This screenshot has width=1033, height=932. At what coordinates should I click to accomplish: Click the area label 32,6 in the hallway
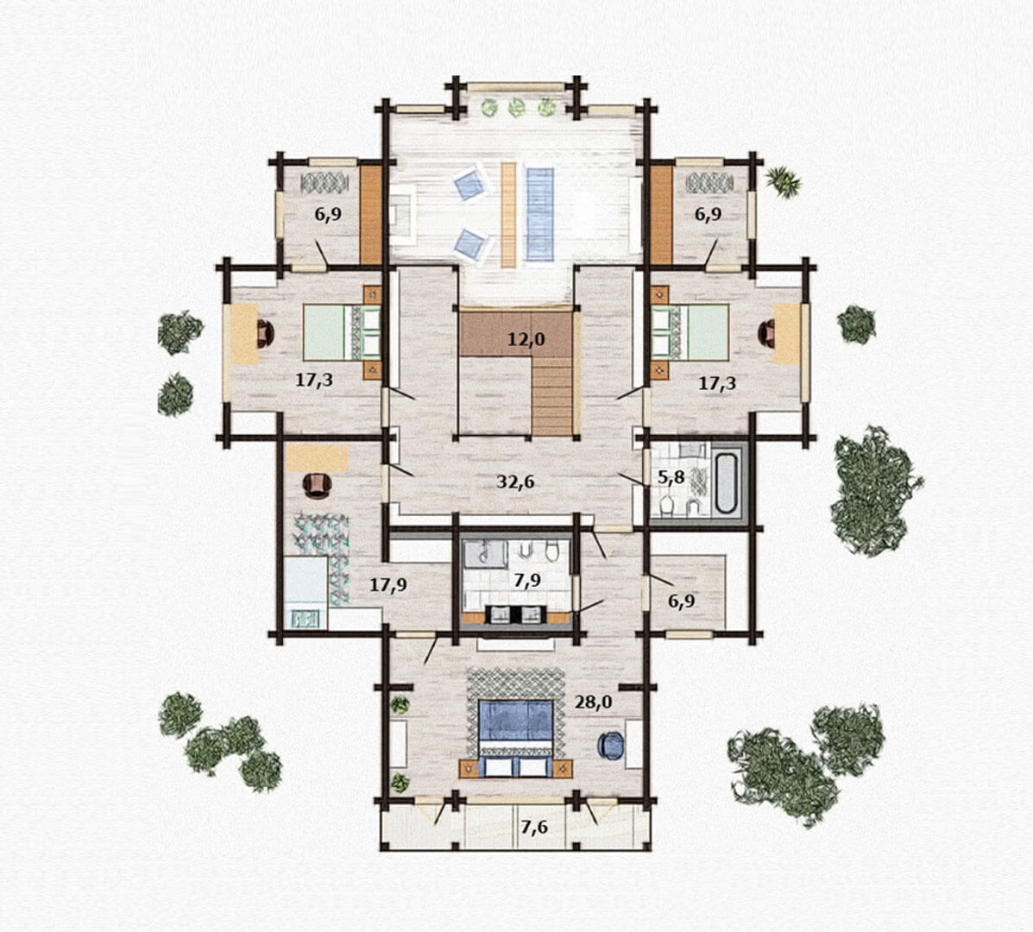[515, 482]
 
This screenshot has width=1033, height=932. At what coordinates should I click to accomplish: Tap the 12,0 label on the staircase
[526, 340]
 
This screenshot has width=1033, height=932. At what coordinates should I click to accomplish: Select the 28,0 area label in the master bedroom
[593, 702]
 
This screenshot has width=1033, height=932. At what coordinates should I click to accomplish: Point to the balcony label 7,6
[534, 827]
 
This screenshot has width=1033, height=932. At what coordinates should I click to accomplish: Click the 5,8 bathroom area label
[671, 477]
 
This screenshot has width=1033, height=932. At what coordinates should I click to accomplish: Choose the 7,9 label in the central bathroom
[527, 580]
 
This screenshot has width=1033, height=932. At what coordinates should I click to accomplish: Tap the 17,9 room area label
[387, 584]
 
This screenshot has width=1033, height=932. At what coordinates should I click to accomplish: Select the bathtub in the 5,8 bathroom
[728, 482]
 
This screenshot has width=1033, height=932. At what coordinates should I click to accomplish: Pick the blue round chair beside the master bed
[610, 746]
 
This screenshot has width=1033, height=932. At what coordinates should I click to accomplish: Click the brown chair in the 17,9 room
[318, 484]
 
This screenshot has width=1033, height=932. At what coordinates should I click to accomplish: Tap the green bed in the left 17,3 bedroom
[341, 332]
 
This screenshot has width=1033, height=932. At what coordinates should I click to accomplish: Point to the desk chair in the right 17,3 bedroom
[767, 332]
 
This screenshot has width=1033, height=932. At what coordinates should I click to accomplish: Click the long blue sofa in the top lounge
[540, 214]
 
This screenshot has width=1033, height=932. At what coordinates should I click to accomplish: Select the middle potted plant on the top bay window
[516, 107]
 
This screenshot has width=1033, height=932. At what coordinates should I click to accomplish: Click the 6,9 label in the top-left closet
[327, 214]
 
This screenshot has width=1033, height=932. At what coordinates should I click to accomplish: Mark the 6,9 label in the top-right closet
[708, 214]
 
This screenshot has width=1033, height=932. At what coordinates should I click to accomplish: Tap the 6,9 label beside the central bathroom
[681, 601]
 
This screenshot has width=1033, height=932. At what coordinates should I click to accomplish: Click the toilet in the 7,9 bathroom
[552, 550]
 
